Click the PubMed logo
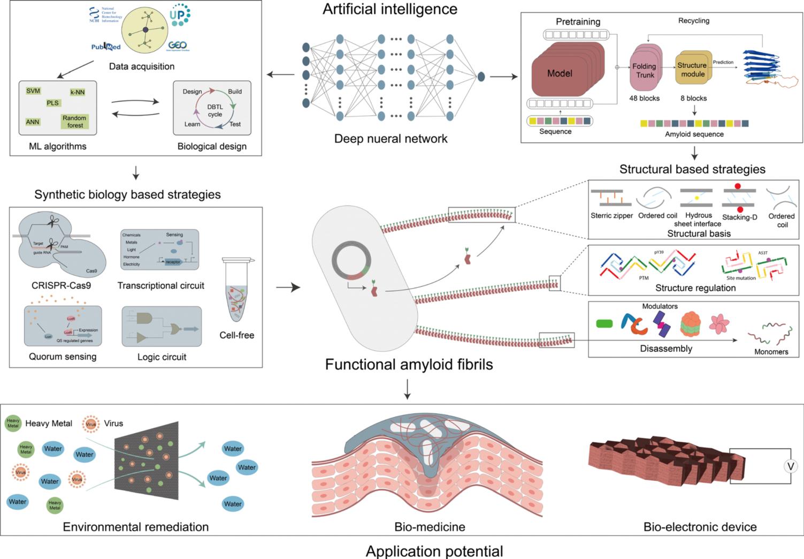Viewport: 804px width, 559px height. coord(106,47)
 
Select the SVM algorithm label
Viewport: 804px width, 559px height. coord(33,91)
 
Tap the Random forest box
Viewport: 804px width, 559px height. coord(74,122)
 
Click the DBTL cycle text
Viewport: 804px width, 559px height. coord(215,110)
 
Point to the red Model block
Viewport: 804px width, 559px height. coord(560,74)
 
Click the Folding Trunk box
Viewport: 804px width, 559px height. coord(644,71)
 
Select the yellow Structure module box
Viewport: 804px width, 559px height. coord(692,69)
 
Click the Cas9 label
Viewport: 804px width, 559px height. coord(91,271)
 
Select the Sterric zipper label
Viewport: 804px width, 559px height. coord(611,216)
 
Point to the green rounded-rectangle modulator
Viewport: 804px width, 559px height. coord(604,323)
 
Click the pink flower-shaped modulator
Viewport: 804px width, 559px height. coord(719,323)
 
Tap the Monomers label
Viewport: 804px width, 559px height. coord(771,352)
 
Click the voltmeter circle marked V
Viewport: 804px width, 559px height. coord(790,466)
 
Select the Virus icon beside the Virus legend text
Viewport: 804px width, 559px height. coord(91,424)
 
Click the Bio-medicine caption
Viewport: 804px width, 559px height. coord(430,527)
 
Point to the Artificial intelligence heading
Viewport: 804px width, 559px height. coord(390,9)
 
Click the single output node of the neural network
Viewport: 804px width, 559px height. coord(481,77)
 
